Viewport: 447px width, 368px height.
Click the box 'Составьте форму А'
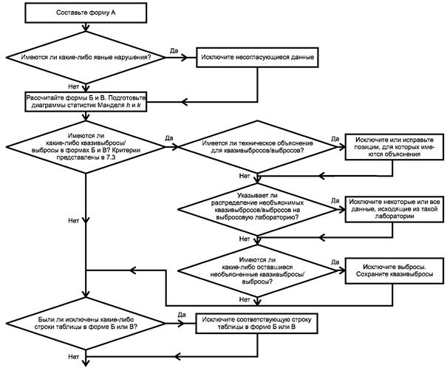[x=86, y=13]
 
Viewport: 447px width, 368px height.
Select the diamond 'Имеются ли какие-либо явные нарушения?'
[x=86, y=58]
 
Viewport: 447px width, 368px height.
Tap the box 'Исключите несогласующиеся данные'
[x=257, y=58]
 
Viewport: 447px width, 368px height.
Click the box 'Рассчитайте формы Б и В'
[x=86, y=102]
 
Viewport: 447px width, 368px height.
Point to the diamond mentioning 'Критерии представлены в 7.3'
[x=86, y=147]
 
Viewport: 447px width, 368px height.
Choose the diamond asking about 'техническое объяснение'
[x=257, y=147]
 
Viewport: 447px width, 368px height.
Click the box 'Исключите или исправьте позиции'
[x=395, y=147]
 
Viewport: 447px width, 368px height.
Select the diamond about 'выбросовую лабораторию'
[x=257, y=210]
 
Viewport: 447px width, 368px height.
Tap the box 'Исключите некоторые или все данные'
[x=395, y=209]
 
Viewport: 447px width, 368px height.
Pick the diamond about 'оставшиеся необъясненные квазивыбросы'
[x=257, y=270]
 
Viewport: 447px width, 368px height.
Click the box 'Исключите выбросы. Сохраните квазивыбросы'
[x=395, y=270]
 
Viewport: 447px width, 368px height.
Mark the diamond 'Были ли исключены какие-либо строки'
[x=86, y=324]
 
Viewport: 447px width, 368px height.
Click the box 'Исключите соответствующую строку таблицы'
[x=256, y=324]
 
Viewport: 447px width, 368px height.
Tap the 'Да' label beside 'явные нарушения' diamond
[x=174, y=51]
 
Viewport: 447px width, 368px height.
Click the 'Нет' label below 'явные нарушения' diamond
[x=73, y=86]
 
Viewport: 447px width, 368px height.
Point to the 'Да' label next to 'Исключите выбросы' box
[x=335, y=262]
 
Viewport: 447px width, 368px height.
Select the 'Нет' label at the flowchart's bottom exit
[x=73, y=357]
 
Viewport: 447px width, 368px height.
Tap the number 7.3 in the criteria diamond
[x=110, y=157]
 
